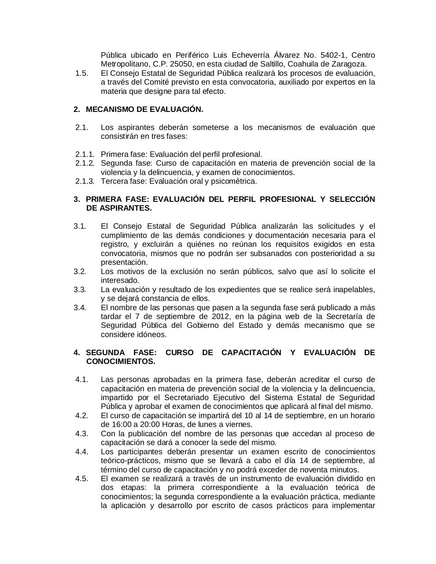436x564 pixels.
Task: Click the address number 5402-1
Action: click(331, 55)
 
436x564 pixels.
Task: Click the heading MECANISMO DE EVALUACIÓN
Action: click(144, 109)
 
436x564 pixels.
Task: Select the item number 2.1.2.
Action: click(85, 163)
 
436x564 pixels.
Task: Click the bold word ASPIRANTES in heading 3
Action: click(126, 208)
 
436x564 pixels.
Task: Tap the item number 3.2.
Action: click(80, 271)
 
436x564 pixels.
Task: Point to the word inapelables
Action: click(353, 289)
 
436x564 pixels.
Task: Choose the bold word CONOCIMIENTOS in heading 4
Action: click(121, 361)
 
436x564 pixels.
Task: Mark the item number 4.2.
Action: click(81, 416)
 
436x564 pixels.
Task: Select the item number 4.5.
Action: click(81, 479)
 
